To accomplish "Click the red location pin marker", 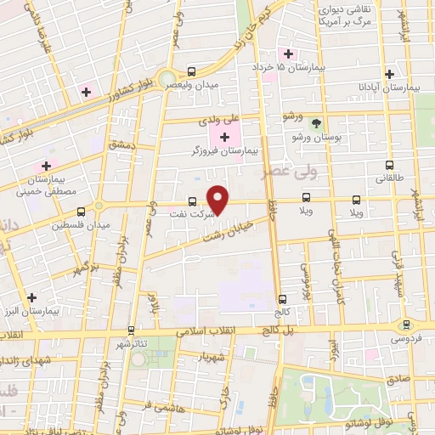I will click(218, 200).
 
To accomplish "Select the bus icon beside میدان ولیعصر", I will click(192, 73).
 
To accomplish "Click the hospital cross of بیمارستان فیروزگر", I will click(224, 138).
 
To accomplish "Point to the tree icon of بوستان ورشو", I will click(316, 123).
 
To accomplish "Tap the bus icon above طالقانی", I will click(389, 166).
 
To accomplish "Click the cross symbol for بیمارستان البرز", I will click(32, 297).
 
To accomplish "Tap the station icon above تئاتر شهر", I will click(131, 329).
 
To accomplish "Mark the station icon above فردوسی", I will click(406, 325).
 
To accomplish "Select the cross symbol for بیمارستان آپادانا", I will click(389, 74).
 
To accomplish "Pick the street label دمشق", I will click(122, 146).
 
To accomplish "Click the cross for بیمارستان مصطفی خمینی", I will click(47, 165).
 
